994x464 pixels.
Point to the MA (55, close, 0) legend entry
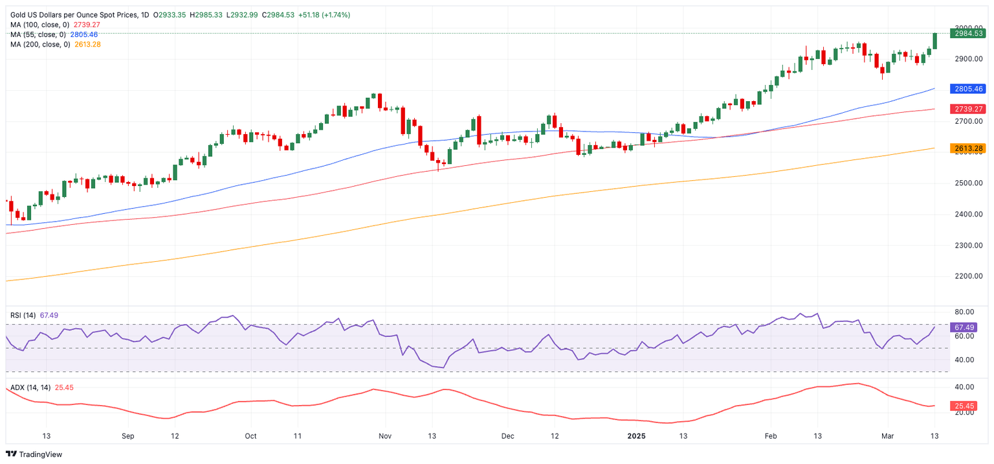tap(38, 34)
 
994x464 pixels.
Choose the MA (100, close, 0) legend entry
tap(39, 25)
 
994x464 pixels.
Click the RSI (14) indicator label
tap(23, 315)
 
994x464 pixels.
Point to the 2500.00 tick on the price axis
tap(969, 183)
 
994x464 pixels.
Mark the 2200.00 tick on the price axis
tap(969, 277)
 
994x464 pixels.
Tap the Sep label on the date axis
tap(127, 436)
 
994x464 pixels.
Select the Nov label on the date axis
tap(384, 436)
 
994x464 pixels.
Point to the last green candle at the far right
tap(935, 41)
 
